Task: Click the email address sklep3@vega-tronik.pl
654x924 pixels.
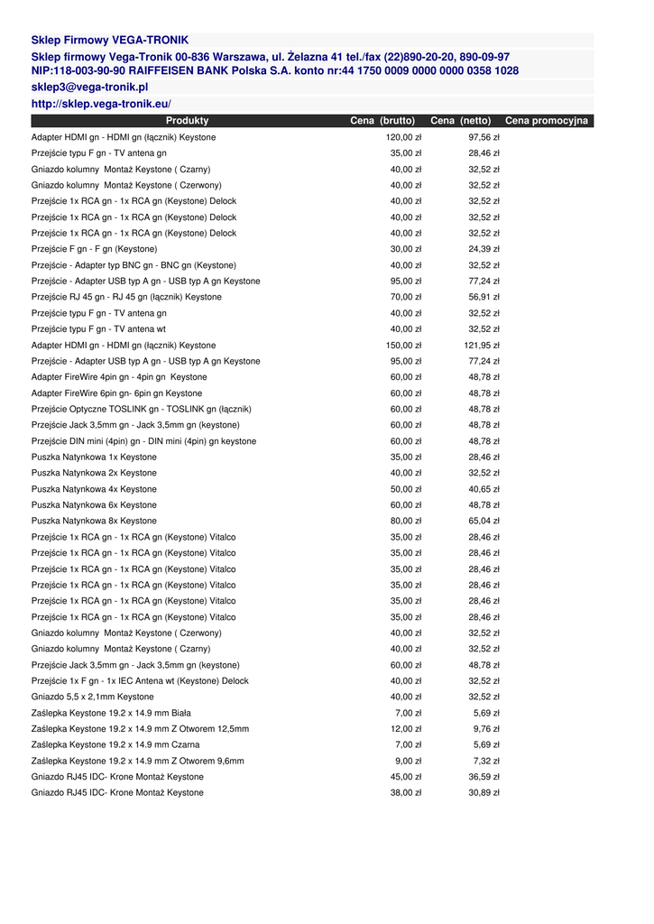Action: tap(89, 88)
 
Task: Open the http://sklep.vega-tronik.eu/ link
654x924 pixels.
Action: tap(101, 105)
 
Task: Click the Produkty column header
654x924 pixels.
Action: tap(187, 121)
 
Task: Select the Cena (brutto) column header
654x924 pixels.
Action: tap(382, 121)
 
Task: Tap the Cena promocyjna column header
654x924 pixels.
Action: tap(547, 121)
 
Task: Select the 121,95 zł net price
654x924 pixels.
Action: tap(482, 346)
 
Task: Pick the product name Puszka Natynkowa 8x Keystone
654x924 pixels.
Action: tap(94, 521)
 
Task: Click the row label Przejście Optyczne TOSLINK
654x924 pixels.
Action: tap(141, 409)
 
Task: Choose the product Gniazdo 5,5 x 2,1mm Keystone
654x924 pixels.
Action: tap(92, 697)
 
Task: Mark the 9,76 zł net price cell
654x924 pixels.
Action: tap(486, 729)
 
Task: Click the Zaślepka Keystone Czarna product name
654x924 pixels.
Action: tap(115, 744)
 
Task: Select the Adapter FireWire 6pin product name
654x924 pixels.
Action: tap(116, 393)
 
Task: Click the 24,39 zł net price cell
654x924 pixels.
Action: tap(484, 249)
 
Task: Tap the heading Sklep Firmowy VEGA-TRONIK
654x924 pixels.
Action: tap(110, 41)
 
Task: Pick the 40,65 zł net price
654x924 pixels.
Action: tap(484, 489)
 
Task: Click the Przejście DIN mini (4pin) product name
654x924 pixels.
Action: tap(143, 441)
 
